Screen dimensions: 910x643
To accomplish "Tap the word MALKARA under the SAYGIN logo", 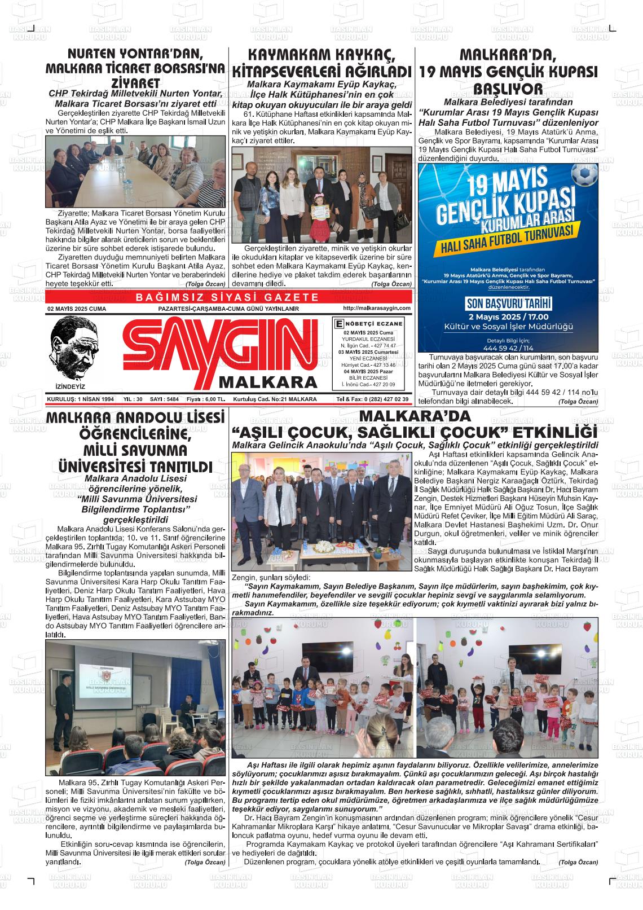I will coord(268,382).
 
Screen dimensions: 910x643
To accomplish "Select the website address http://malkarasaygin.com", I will coord(376,308).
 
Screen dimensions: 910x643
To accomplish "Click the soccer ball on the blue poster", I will coord(585,175).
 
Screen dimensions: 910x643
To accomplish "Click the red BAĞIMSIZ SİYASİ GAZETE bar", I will coord(228,297).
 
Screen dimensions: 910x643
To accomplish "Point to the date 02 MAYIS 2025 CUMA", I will coord(77,309).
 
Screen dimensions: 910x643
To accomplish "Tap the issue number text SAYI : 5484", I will coord(165,399).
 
